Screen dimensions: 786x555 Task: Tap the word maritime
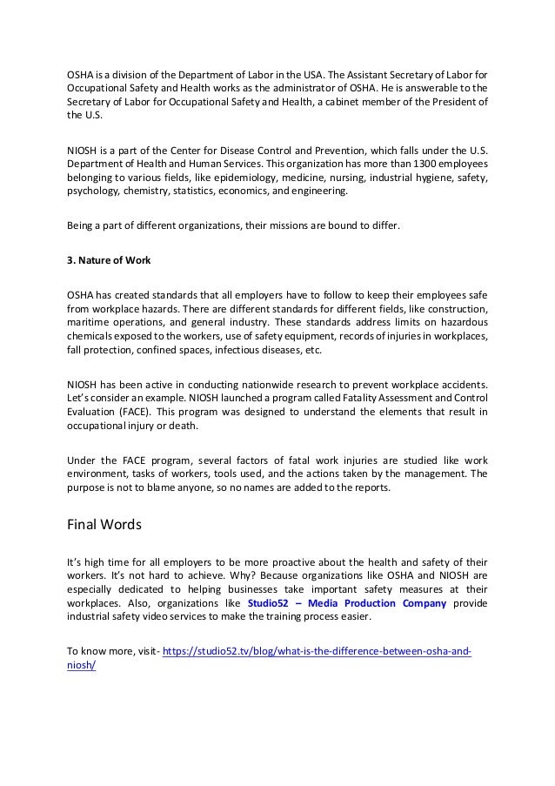pyautogui.click(x=90, y=319)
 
